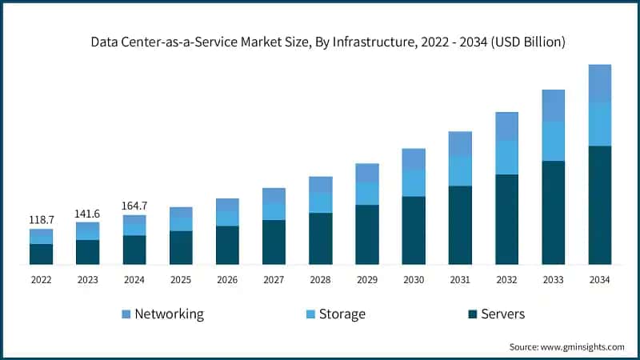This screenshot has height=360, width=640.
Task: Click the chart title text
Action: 320,42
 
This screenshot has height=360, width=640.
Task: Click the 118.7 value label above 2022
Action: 42,219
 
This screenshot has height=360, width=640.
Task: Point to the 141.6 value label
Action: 88,214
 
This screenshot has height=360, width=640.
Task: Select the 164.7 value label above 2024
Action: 134,206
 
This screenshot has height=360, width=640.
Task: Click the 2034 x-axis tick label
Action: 599,279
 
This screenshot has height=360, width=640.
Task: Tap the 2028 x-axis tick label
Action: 320,279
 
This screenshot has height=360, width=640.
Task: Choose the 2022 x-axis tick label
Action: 42,279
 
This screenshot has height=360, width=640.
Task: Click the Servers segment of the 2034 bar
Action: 599,205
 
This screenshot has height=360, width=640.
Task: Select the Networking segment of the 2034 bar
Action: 599,83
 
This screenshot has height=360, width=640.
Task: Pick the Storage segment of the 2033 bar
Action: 553,141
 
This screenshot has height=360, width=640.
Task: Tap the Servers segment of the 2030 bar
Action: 414,230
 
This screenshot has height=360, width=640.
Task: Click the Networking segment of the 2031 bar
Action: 460,144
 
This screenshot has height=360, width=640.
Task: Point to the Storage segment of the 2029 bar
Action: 367,194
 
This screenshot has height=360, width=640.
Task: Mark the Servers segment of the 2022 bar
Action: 42,254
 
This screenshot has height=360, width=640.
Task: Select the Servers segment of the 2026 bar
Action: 227,245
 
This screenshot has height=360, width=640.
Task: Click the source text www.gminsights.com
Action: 566,346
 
